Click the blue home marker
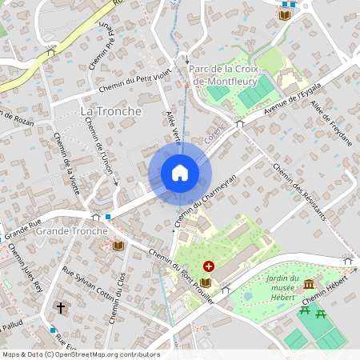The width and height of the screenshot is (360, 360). (x=180, y=173)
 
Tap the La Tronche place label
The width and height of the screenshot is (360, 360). (x=110, y=110)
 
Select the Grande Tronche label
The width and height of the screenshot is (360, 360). (x=72, y=231)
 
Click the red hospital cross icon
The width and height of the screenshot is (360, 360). (x=209, y=266)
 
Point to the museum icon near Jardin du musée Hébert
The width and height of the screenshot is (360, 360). (x=309, y=285)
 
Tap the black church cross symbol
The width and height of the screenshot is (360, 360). (x=60, y=307)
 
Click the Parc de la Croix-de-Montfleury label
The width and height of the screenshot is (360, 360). (x=225, y=74)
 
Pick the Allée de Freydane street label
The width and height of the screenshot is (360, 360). (x=330, y=123)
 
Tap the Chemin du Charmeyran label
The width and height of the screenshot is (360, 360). (x=206, y=197)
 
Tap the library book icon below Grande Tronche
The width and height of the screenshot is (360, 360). (x=118, y=246)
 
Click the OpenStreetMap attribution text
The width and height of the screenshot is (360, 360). (x=81, y=354)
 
